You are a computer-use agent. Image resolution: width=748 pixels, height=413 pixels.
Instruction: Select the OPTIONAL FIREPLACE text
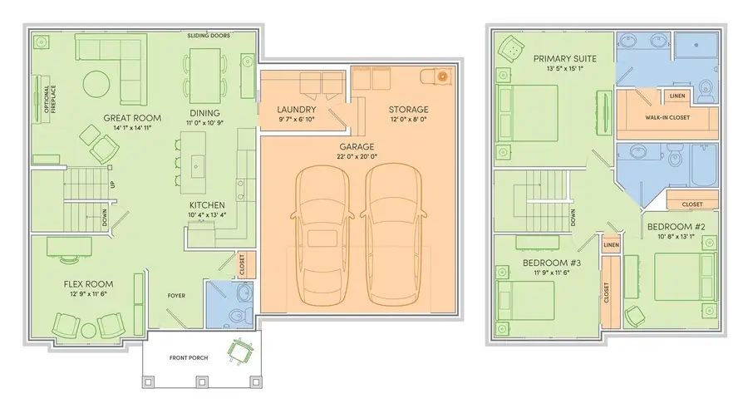click(x=37, y=98)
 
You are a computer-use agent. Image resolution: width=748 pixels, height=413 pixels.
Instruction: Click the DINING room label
click(x=204, y=113)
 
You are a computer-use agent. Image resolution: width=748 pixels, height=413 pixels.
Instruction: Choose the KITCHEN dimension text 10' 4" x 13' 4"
click(x=205, y=214)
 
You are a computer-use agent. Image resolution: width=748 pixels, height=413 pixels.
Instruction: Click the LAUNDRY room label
click(x=297, y=110)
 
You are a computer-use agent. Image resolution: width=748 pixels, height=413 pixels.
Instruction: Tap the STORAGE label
click(x=408, y=110)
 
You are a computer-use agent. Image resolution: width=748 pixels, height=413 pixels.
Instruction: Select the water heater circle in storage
click(x=442, y=77)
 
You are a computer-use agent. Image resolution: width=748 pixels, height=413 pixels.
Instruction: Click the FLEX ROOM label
click(x=87, y=283)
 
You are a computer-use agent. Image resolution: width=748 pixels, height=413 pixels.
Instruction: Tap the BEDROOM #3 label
click(x=552, y=263)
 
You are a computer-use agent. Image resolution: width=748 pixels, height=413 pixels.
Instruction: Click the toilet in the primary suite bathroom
click(x=706, y=92)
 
